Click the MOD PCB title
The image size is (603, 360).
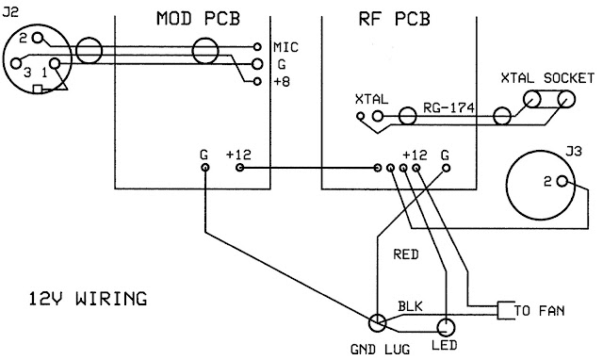198,19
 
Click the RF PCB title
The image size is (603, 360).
394,19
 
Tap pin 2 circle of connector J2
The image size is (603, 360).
38,38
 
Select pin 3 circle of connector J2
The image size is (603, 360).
16,63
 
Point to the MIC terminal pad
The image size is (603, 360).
257,47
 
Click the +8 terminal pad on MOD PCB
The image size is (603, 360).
257,82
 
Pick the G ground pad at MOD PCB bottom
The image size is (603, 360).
205,168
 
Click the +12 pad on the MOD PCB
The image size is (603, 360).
239,168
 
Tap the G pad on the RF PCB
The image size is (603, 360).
446,168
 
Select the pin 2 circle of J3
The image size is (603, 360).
562,181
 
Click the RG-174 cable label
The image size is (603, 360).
448,108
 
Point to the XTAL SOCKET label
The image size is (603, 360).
547,78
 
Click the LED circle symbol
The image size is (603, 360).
446,328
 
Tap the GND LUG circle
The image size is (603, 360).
377,322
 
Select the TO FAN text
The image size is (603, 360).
540,310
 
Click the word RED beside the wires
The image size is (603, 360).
406,254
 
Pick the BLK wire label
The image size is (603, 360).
410,306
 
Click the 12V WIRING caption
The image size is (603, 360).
88,299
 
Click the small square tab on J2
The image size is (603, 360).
38,90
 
